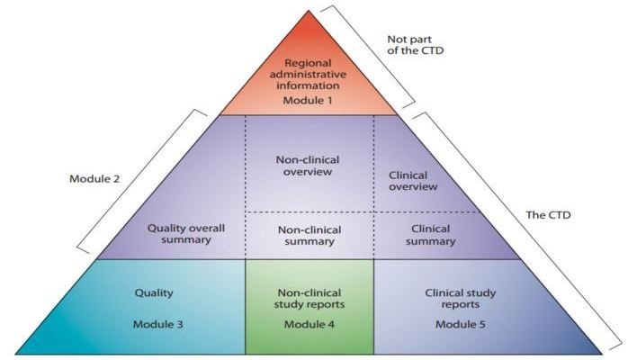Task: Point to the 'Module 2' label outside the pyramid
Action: [x=94, y=177]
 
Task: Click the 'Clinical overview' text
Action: [x=412, y=180]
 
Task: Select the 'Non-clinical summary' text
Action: [x=308, y=235]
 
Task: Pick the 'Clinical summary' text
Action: [x=411, y=235]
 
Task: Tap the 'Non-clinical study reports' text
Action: [x=308, y=299]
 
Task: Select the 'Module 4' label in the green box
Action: [x=308, y=323]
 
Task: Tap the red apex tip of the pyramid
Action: [x=307, y=13]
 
